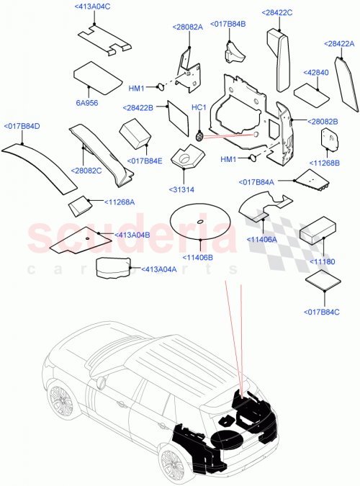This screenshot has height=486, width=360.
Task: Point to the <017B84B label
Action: (x=228, y=24)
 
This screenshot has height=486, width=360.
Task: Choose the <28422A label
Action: (x=339, y=44)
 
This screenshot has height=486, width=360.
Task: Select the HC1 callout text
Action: (x=199, y=107)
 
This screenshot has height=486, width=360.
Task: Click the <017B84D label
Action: (x=22, y=127)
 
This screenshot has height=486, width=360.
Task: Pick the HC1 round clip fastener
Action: (x=199, y=134)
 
